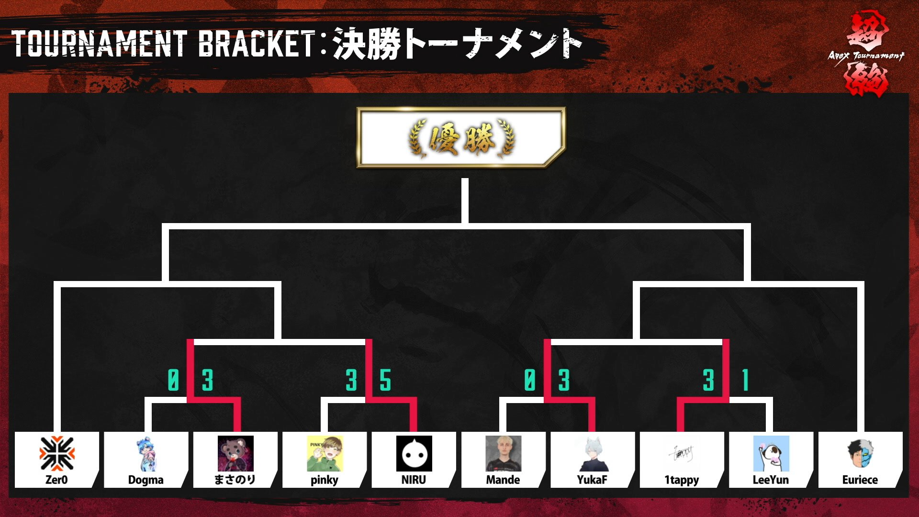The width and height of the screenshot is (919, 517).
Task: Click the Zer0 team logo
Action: click(x=57, y=453)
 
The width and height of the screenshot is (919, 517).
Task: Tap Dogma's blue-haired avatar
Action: click(x=146, y=453)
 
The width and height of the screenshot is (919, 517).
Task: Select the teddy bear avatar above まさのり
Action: click(x=235, y=453)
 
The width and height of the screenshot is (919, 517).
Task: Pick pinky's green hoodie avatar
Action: click(x=325, y=453)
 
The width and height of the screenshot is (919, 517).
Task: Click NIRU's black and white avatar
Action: click(x=414, y=453)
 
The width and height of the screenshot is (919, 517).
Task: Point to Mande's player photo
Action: click(x=503, y=453)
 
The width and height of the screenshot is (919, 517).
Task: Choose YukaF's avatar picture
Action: click(x=593, y=453)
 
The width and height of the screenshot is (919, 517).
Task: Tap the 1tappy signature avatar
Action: click(x=682, y=453)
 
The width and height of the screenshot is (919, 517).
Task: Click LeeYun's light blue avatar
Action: click(x=771, y=453)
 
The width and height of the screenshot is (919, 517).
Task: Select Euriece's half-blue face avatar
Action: click(x=860, y=453)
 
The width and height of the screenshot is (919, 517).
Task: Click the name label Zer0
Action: click(x=56, y=480)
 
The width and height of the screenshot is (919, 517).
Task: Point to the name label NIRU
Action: click(x=414, y=480)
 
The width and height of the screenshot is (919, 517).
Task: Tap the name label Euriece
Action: click(x=860, y=480)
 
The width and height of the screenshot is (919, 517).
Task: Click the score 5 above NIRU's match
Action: click(x=385, y=381)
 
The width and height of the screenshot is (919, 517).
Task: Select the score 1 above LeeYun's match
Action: click(x=745, y=381)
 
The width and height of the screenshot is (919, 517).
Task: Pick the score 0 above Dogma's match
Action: click(x=173, y=381)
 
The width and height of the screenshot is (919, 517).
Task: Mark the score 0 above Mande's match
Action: click(x=529, y=381)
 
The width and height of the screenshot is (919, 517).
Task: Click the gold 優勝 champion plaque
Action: click(x=461, y=138)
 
